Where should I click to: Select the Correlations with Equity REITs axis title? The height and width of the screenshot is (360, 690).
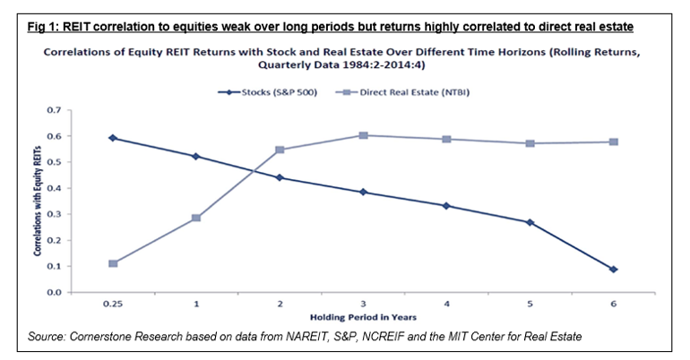(x=39, y=201)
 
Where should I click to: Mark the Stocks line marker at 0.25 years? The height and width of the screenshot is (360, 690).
(x=113, y=138)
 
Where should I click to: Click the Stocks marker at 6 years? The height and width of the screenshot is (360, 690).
(x=614, y=269)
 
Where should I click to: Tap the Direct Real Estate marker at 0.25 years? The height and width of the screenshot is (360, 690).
(x=113, y=263)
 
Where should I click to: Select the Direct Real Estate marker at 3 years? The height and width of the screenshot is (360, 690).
(x=363, y=135)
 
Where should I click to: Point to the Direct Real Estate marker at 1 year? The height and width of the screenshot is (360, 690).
(x=196, y=218)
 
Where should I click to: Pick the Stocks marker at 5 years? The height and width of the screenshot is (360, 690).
(x=530, y=222)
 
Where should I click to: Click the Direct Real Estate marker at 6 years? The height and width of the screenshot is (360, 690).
(x=614, y=141)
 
